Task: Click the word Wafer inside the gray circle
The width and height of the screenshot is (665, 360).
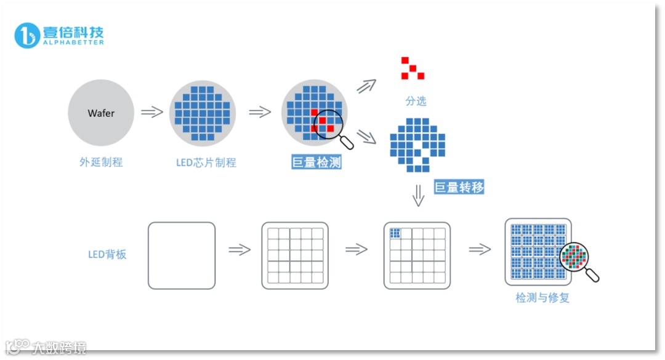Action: [x=101, y=113]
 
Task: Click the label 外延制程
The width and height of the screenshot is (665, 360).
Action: [x=101, y=162]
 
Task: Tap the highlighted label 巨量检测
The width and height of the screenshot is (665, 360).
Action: [x=316, y=163]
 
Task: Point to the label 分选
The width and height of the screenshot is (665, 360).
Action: [x=416, y=101]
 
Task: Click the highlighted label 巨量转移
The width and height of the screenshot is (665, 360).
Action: [x=459, y=187]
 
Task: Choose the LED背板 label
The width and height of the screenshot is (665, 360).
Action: [x=107, y=254]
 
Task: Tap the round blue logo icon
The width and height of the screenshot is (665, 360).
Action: [x=28, y=36]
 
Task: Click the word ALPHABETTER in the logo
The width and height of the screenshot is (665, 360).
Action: [x=73, y=42]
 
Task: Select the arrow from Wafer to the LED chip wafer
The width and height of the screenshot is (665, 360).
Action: [x=151, y=113]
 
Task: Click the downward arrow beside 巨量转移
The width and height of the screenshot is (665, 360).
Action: [x=419, y=196]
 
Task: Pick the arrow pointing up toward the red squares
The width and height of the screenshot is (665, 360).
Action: [x=367, y=86]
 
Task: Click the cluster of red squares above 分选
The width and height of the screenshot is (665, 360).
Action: [x=413, y=68]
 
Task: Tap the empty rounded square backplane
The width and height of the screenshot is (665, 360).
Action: [x=182, y=255]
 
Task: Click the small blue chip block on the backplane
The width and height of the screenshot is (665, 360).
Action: [x=395, y=233]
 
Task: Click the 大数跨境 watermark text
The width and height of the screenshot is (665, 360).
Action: [x=59, y=348]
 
